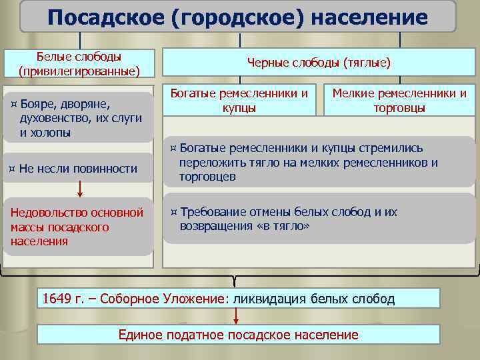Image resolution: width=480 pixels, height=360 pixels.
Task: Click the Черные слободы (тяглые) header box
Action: point(319,63)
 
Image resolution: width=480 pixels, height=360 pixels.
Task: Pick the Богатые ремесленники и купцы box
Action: point(239,100)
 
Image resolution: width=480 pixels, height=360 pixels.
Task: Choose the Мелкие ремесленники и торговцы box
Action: point(399,100)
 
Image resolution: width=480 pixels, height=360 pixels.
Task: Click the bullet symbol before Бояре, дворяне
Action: point(14,105)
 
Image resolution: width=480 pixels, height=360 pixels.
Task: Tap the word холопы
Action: point(54,132)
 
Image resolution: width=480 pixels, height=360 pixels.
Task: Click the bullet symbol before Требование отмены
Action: point(173,213)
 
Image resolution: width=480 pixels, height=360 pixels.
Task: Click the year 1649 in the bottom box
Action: point(56,299)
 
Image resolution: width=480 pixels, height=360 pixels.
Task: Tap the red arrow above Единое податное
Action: point(236,316)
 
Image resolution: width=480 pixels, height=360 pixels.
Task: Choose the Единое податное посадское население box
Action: point(238,335)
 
